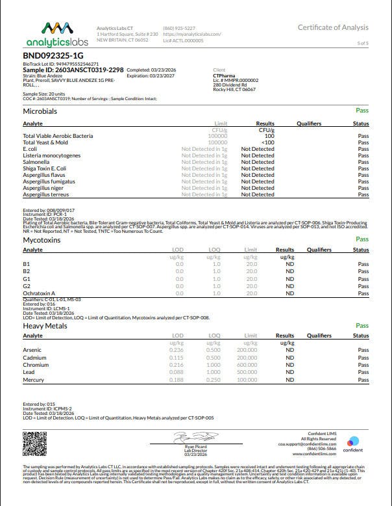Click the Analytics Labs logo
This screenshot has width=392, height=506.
[55, 34]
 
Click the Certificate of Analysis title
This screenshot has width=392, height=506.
[333, 27]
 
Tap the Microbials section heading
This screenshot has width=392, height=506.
[40, 112]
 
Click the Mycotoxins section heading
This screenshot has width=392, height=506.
[42, 239]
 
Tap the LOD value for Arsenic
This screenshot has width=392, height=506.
[176, 349]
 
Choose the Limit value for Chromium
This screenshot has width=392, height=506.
[247, 364]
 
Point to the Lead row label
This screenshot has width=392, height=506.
[29, 372]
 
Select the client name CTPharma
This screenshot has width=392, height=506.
[225, 75]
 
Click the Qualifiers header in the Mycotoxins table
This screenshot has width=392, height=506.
[319, 250]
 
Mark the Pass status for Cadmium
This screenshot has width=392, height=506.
[363, 357]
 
